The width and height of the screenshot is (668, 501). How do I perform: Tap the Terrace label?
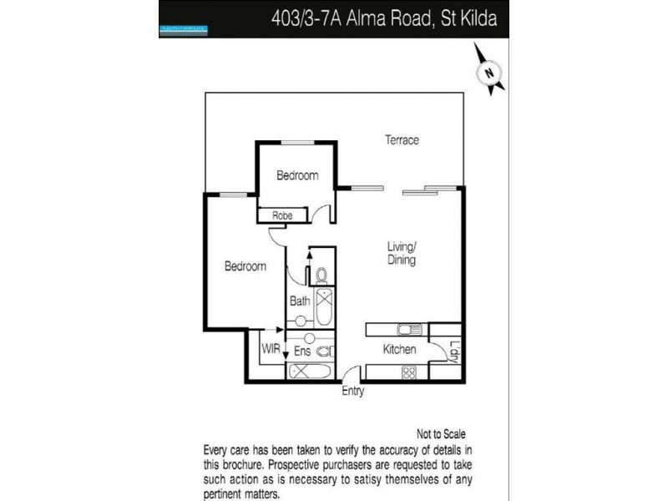point(402,140)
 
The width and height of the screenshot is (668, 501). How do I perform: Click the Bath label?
point(299,301)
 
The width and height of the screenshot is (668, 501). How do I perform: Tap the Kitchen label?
point(400,350)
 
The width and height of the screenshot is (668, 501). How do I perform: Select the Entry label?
point(353,391)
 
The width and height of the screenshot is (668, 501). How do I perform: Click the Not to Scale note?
point(440,434)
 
